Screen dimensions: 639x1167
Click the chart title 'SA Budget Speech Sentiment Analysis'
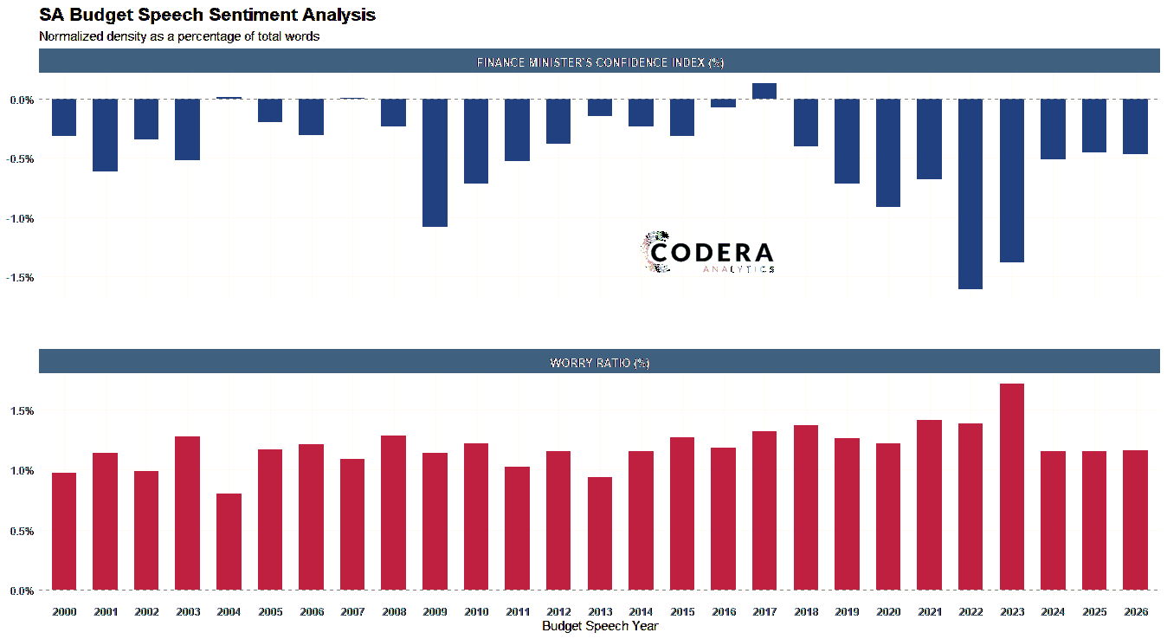click(207, 15)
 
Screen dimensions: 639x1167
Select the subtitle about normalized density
click(179, 36)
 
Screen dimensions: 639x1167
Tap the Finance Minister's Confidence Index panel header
click(599, 62)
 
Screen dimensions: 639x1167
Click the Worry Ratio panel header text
click(599, 363)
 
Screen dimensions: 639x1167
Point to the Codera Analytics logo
click(707, 253)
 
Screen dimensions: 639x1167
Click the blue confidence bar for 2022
click(970, 194)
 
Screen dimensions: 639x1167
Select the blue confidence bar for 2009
click(435, 163)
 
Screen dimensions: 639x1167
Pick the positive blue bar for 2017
click(764, 91)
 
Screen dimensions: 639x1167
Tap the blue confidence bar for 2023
click(1012, 180)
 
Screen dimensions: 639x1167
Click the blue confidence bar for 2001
click(105, 135)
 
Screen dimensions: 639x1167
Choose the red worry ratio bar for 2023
click(1012, 487)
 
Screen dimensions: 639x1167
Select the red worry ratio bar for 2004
click(229, 542)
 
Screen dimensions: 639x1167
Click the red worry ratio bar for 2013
click(600, 533)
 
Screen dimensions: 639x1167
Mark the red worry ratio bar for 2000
click(64, 532)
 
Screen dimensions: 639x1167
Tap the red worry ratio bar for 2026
click(1135, 520)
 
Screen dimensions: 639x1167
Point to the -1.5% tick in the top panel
click(22, 278)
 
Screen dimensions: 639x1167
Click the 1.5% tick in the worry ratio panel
click(22, 411)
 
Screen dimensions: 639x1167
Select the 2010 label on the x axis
click(476, 612)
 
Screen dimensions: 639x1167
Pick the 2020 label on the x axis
click(888, 612)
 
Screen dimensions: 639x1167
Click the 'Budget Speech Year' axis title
click(600, 626)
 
